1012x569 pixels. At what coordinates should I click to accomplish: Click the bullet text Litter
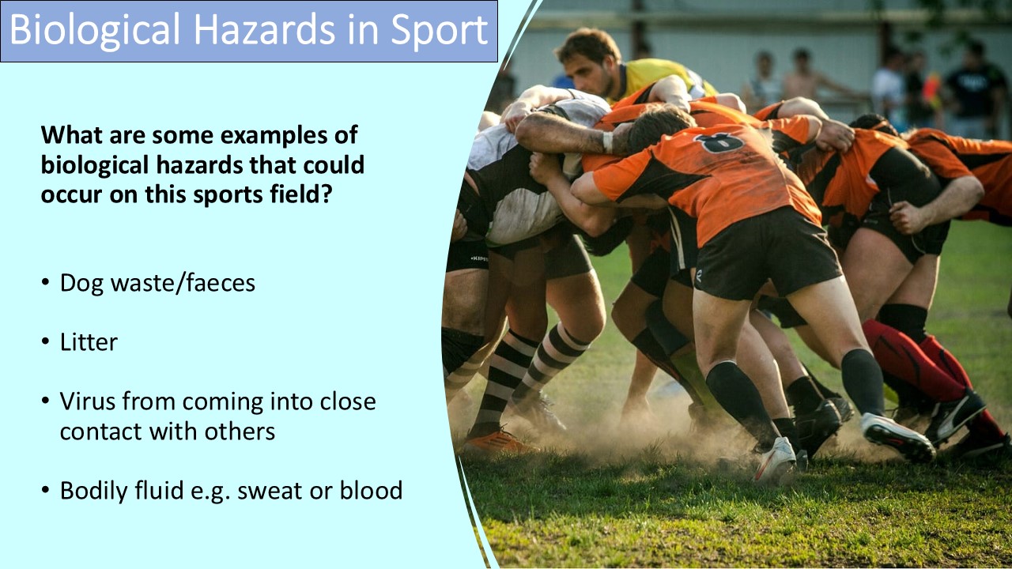coord(89,342)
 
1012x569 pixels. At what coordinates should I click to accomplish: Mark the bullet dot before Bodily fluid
coord(47,492)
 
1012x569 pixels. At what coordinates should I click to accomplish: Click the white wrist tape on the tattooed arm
coord(607,142)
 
